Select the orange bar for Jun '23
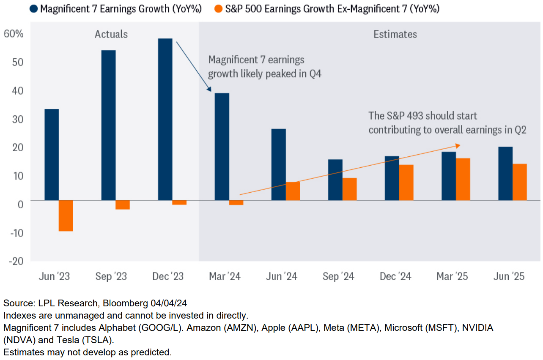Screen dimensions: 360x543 [x=66, y=215]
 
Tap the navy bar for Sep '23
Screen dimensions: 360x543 [x=108, y=125]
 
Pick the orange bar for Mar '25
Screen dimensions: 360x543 [x=463, y=179]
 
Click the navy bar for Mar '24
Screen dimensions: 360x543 [x=222, y=146]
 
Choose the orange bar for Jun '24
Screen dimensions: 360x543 [x=293, y=191]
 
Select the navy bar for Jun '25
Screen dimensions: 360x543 [x=505, y=173]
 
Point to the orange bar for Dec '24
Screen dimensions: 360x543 [x=406, y=182]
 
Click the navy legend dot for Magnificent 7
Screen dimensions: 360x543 [x=34, y=9]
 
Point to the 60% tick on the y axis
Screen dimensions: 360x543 [x=14, y=34]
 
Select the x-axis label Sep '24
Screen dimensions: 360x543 [x=338, y=277]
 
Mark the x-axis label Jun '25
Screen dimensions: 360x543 [x=509, y=277]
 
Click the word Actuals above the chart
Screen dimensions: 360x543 [x=111, y=34]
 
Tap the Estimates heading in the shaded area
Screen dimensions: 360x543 [x=395, y=34]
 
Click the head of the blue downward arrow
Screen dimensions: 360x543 [x=209, y=90]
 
